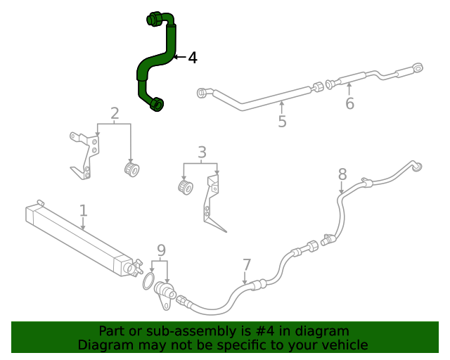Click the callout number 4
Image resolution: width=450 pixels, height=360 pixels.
click(x=193, y=58)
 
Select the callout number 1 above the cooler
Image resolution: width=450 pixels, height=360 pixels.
click(x=83, y=210)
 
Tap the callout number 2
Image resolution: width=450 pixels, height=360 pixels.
click(x=115, y=113)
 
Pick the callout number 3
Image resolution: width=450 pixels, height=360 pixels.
click(x=202, y=152)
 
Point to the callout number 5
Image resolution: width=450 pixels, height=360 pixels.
click(x=282, y=122)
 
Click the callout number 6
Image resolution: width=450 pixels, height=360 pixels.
click(x=349, y=104)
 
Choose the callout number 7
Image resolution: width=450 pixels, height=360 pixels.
click(x=247, y=265)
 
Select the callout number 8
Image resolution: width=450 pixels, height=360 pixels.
click(x=342, y=174)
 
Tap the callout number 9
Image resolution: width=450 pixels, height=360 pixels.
click(x=161, y=250)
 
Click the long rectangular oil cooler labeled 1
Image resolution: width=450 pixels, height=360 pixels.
click(x=77, y=239)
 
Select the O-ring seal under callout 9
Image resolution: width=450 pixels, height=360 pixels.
click(x=148, y=282)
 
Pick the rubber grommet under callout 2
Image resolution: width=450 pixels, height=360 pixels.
click(x=131, y=169)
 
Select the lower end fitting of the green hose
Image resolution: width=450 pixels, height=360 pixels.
click(x=157, y=105)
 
